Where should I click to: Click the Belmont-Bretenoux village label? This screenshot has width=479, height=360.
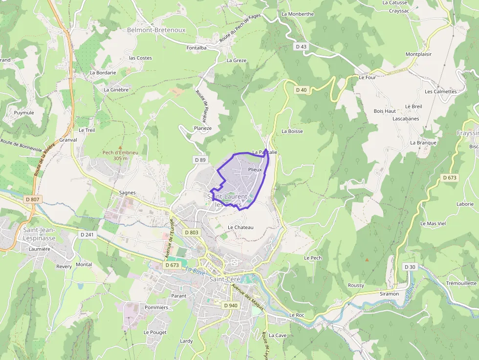[x=156, y=30]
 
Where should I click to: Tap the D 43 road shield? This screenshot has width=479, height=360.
[x=301, y=46]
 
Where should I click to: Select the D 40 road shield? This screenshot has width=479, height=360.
[x=302, y=90]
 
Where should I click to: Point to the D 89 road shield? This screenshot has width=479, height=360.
[x=200, y=160]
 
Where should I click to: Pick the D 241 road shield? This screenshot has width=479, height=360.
[x=87, y=234]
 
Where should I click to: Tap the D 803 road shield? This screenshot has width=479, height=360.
[x=192, y=233]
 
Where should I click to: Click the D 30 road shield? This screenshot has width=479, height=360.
[x=410, y=267]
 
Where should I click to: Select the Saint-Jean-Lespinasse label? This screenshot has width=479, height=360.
[x=40, y=233]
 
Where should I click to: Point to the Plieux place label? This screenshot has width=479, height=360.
[x=255, y=169]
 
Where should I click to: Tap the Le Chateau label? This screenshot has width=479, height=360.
[x=240, y=228]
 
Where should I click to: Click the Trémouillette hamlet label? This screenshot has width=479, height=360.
[x=461, y=283]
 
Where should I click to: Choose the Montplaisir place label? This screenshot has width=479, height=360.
[x=418, y=54]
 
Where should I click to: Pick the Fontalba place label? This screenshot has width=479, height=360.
[x=196, y=48]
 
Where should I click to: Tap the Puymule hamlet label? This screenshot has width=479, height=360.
[x=24, y=113]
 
